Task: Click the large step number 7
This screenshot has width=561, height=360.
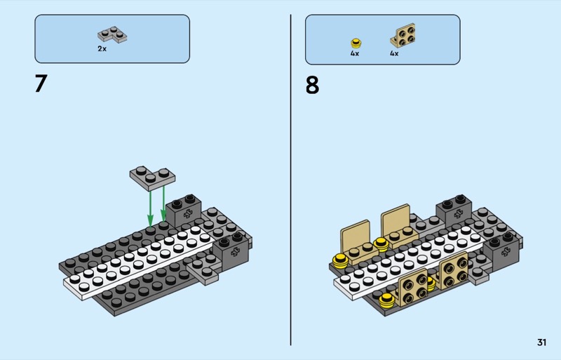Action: pos(40,84)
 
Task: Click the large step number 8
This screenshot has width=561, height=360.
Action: pos(311,85)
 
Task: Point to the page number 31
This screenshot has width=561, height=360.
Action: pos(541,342)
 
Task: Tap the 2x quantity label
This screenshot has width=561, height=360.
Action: pos(102,49)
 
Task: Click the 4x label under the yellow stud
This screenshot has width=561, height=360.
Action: pos(355,53)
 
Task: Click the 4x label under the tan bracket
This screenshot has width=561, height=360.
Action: pos(394,53)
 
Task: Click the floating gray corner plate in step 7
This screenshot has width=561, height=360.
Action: pos(151,177)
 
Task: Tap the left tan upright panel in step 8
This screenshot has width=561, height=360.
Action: pos(355,234)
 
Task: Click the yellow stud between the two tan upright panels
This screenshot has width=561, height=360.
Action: pos(381,244)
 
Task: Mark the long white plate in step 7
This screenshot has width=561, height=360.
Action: pos(140,263)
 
